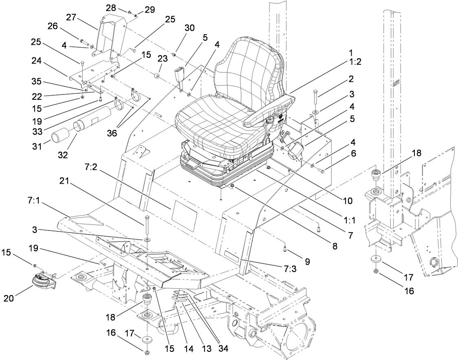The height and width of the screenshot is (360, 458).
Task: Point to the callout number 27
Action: point(72,17)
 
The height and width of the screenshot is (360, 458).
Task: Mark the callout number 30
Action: point(189,28)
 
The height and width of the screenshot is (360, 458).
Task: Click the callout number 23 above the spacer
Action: point(151,58)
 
